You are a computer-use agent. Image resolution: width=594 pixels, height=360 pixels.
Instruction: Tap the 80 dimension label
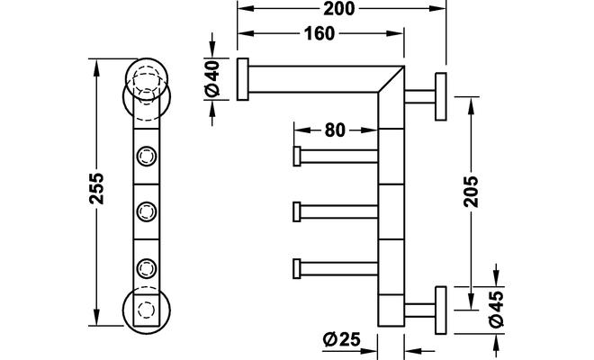335,129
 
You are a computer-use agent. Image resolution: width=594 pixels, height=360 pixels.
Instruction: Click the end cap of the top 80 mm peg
296,156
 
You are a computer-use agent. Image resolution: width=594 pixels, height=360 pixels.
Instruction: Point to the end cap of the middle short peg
296,212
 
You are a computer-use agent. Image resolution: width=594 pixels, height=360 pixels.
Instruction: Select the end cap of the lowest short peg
296,267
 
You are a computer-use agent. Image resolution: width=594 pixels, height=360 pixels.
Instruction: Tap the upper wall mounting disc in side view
441,95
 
